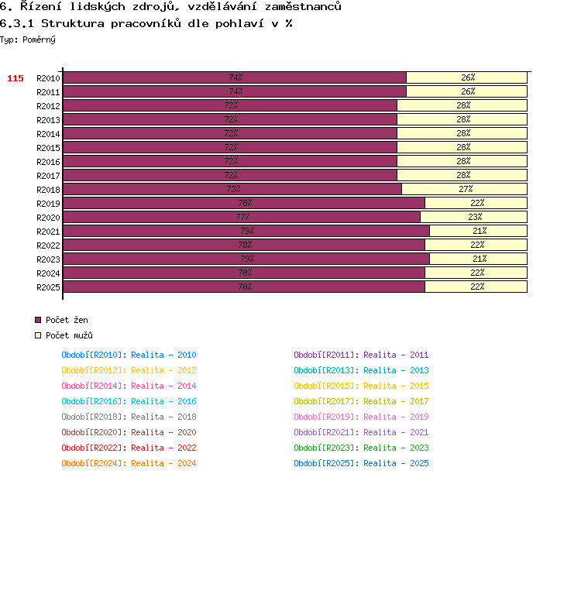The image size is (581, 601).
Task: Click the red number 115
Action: pyautogui.click(x=15, y=78)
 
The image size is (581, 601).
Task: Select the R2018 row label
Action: pyautogui.click(x=48, y=190)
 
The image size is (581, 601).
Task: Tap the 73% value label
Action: pyautogui.click(x=233, y=189)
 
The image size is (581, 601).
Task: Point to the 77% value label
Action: pyautogui.click(x=242, y=217)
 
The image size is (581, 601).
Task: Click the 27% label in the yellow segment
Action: pyautogui.click(x=466, y=189)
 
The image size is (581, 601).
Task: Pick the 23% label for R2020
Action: pyautogui.click(x=475, y=217)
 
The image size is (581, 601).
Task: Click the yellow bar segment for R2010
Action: pyautogui.click(x=466, y=77)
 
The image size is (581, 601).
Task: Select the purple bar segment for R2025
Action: pyautogui.click(x=244, y=287)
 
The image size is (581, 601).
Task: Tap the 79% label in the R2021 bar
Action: pyautogui.click(x=247, y=231)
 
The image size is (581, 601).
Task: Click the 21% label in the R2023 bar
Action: pyautogui.click(x=480, y=259)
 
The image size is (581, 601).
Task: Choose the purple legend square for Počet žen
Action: pyautogui.click(x=38, y=320)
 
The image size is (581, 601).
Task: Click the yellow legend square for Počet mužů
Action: pyautogui.click(x=38, y=335)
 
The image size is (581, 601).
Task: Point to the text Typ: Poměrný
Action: pyautogui.click(x=28, y=39)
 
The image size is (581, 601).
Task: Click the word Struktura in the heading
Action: pyautogui.click(x=73, y=23)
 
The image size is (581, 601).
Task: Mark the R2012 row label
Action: pyautogui.click(x=48, y=106)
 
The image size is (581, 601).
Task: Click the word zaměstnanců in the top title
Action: pyautogui.click(x=303, y=6)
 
